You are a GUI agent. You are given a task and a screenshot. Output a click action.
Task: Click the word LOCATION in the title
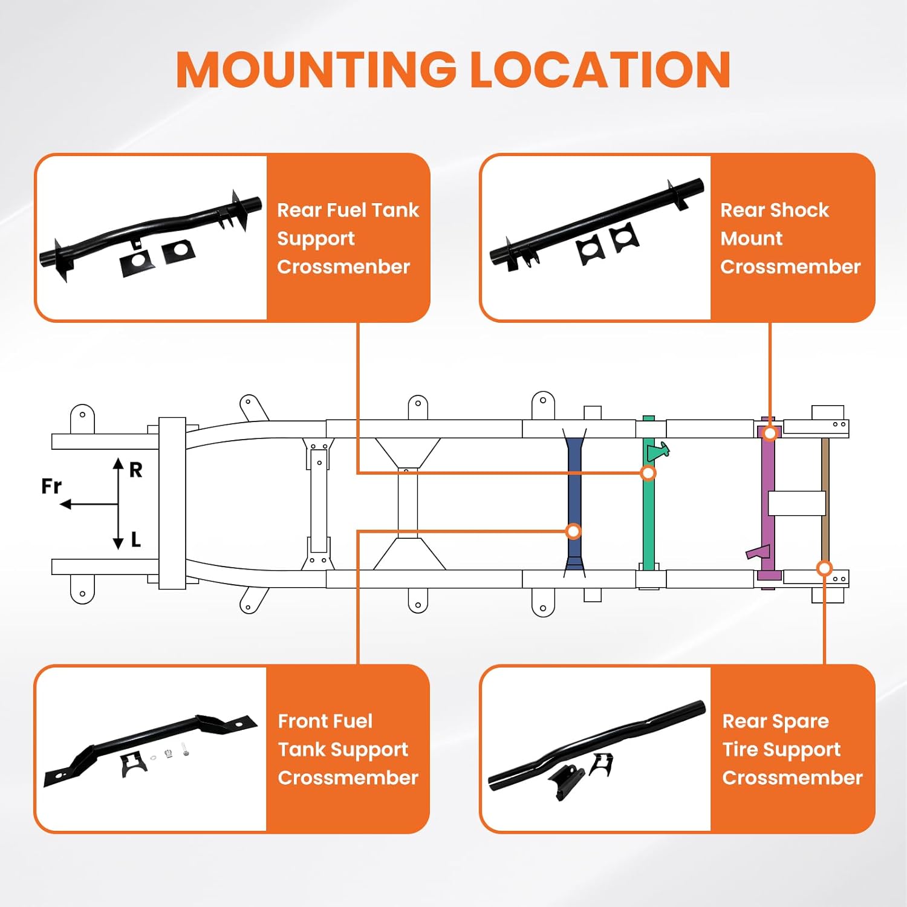coord(600,70)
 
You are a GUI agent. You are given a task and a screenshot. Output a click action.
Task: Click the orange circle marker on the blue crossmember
coord(573,532)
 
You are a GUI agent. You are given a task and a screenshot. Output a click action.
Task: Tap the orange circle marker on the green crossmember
coord(648,473)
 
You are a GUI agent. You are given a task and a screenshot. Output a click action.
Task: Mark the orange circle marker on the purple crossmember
coord(770,433)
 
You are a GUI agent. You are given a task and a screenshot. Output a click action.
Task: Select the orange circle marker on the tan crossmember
coord(824,568)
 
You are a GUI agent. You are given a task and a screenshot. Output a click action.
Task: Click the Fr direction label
coord(51,486)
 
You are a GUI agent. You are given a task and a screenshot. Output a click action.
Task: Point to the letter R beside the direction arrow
coord(136,470)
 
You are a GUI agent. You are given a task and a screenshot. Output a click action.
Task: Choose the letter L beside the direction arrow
coord(136,539)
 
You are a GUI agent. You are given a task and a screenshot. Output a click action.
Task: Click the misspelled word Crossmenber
coord(343,267)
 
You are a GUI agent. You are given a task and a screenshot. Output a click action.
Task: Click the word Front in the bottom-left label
coord(304,721)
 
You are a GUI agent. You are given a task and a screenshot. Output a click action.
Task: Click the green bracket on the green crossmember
coord(658,451)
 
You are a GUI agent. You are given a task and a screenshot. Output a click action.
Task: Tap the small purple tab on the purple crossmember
coord(757,552)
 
